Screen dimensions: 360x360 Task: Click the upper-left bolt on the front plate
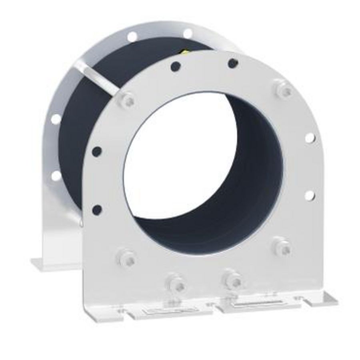127,100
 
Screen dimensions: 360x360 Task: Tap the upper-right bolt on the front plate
284,90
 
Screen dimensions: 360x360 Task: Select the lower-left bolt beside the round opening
127,258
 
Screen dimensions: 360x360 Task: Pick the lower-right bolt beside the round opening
282,247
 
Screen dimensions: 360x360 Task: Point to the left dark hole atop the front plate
175,66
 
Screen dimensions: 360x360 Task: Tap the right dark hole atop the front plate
233,63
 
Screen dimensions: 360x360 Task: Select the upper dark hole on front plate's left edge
97,151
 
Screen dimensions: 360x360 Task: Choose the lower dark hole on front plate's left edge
97,209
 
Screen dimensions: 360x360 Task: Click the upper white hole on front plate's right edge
310,138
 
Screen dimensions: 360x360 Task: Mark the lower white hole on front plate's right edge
309,195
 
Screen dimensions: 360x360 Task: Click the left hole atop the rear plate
132,36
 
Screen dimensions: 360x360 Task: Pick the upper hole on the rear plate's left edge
56,119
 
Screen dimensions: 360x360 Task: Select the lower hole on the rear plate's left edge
56,176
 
